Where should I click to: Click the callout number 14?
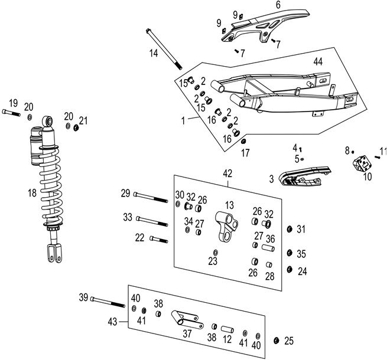pyautogui.click(x=153, y=53)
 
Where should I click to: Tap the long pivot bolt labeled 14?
pyautogui.click(x=164, y=50)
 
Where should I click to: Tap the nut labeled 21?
pyautogui.click(x=76, y=128)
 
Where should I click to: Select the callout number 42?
pyautogui.click(x=227, y=174)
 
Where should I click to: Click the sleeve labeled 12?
pyautogui.click(x=228, y=328)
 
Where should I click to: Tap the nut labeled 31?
pyautogui.click(x=288, y=230)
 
